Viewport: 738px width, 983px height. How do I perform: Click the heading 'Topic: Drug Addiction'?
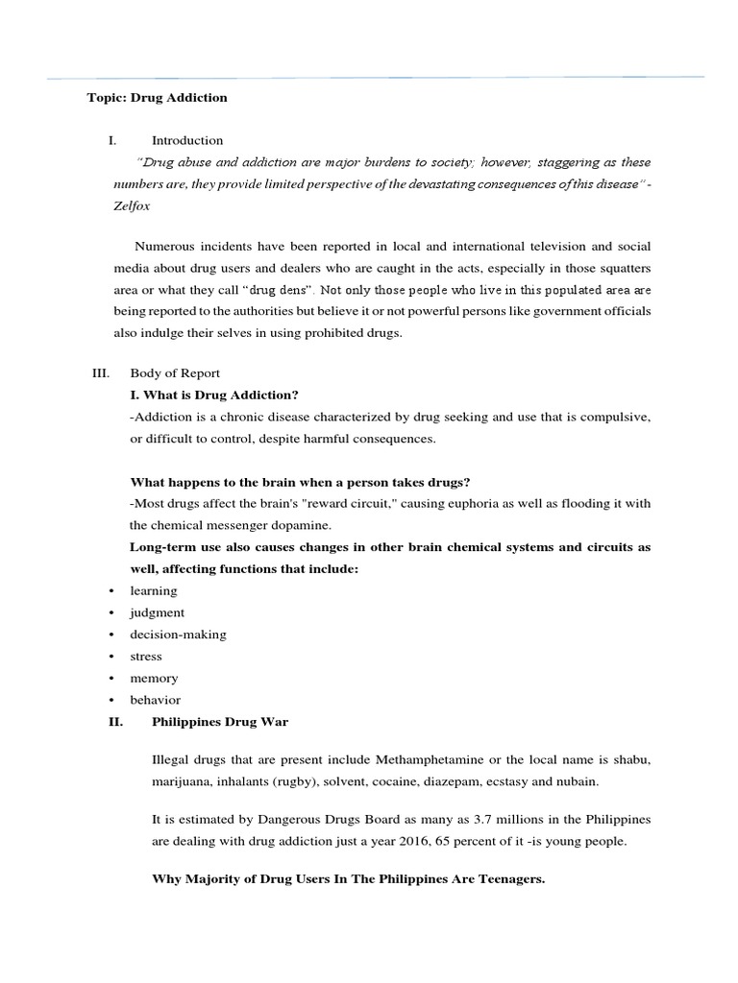(158, 98)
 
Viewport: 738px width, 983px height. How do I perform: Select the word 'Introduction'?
(187, 140)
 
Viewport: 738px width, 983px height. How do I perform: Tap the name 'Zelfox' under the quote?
(133, 205)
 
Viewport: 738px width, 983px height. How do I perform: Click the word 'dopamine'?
(304, 525)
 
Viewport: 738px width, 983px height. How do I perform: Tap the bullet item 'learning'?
(154, 590)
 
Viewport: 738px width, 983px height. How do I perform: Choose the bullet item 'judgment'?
(158, 612)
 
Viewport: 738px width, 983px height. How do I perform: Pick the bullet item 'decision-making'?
(178, 635)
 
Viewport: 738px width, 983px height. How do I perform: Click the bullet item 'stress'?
(146, 657)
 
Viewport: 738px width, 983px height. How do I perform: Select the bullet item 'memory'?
(154, 678)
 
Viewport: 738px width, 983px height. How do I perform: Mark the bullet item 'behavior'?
(156, 700)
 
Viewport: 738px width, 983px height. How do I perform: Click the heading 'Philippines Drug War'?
(220, 722)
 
